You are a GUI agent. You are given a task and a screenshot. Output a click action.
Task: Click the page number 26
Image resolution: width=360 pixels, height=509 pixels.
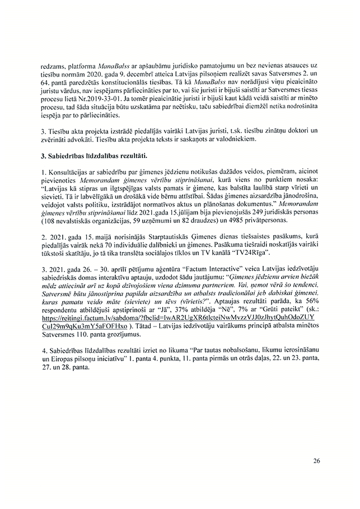[x=317, y=461]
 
